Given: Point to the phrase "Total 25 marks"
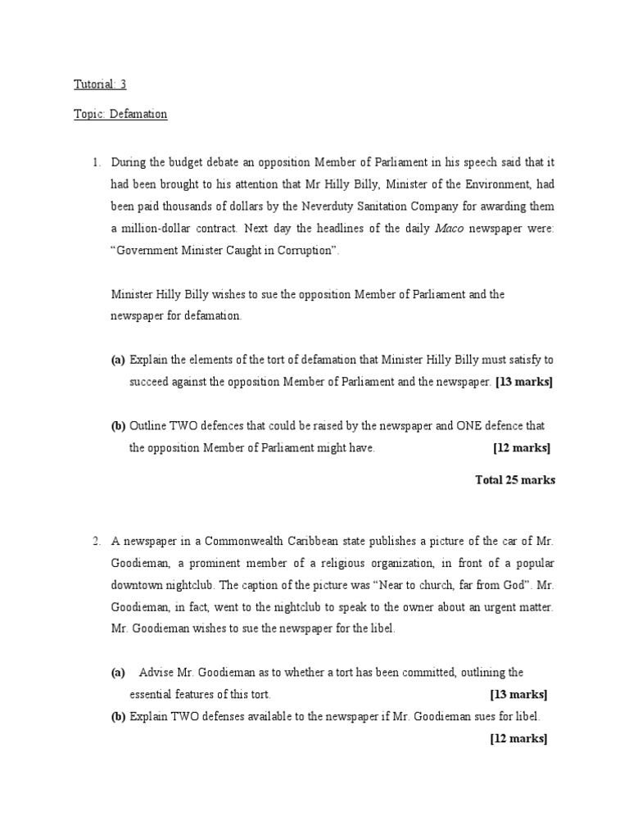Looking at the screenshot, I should (514, 480).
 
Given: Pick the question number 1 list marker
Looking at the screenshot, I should (96, 162).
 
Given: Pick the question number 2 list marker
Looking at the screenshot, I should (96, 541).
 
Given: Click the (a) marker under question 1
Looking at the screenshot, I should (118, 360).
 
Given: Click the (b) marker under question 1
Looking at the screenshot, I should (118, 426).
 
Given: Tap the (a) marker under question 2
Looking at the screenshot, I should (118, 673).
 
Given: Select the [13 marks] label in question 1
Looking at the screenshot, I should (524, 382).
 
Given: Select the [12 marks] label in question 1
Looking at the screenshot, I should (522, 448).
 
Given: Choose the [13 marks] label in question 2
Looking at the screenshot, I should (518, 695).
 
